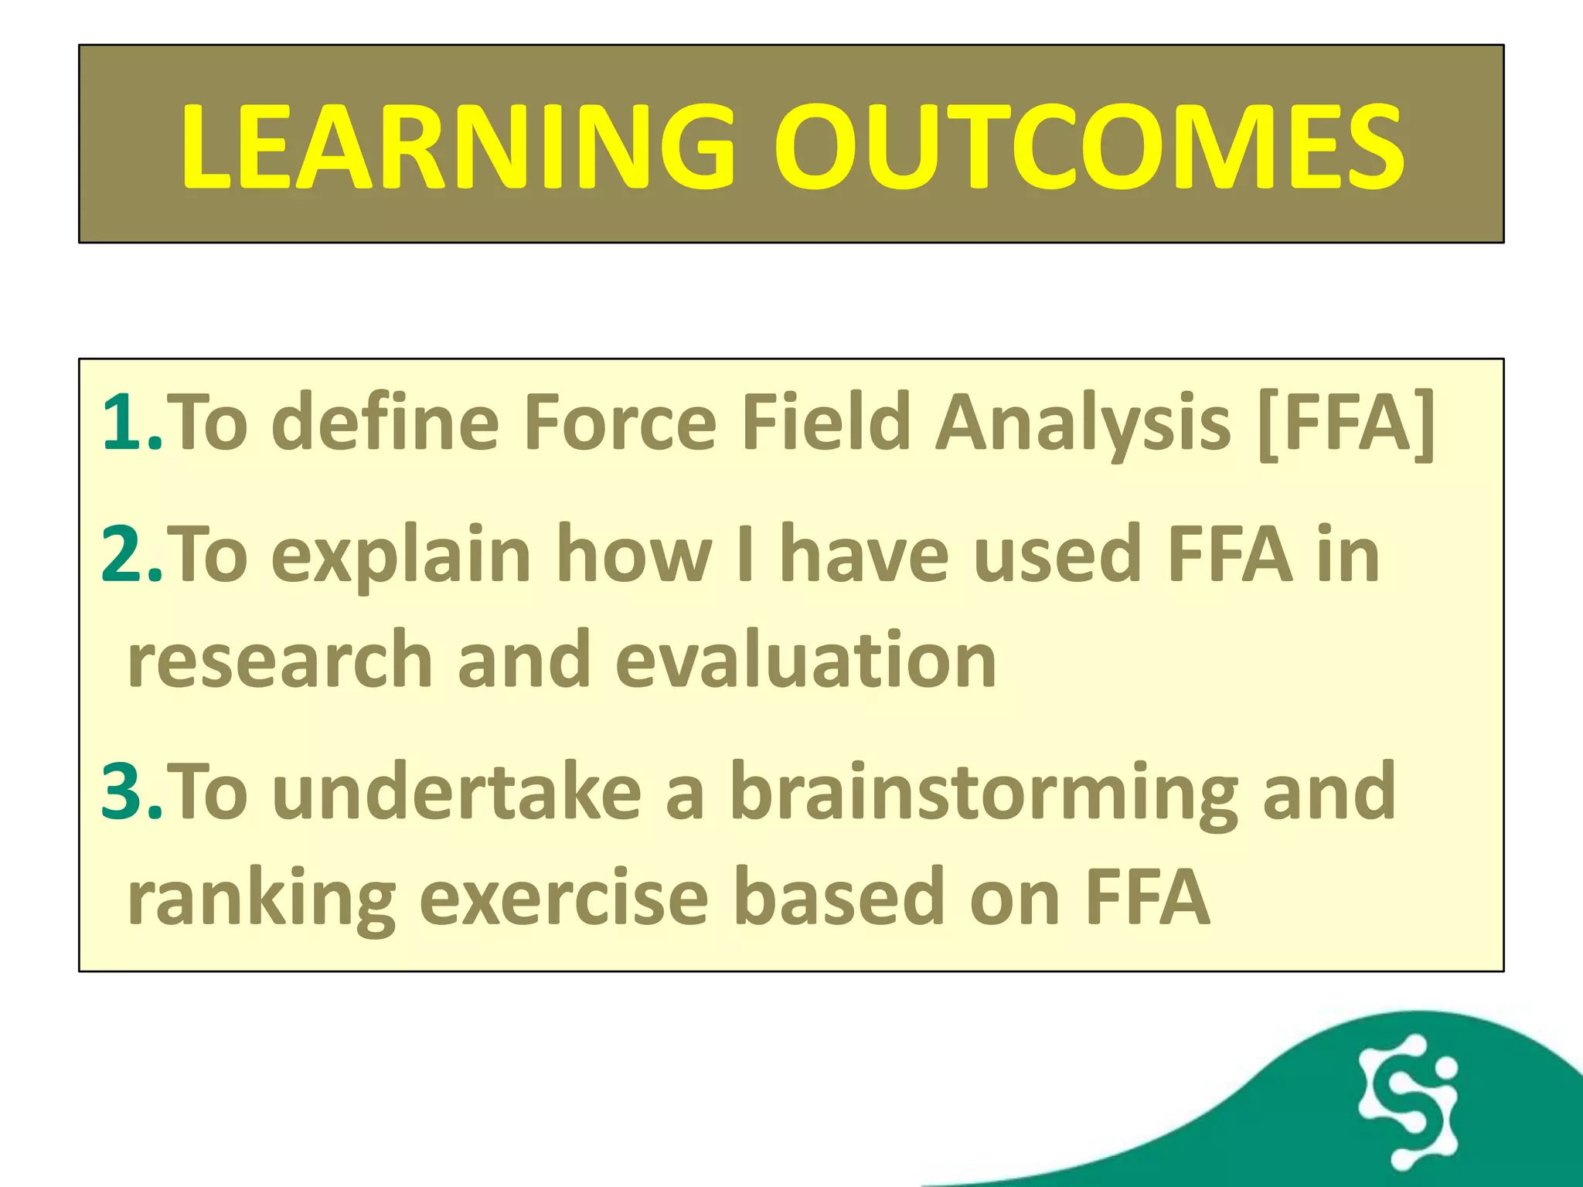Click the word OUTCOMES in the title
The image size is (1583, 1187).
click(1090, 147)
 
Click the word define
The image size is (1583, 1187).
click(385, 422)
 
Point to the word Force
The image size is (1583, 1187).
click(621, 422)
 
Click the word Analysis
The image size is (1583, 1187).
click(1082, 422)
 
